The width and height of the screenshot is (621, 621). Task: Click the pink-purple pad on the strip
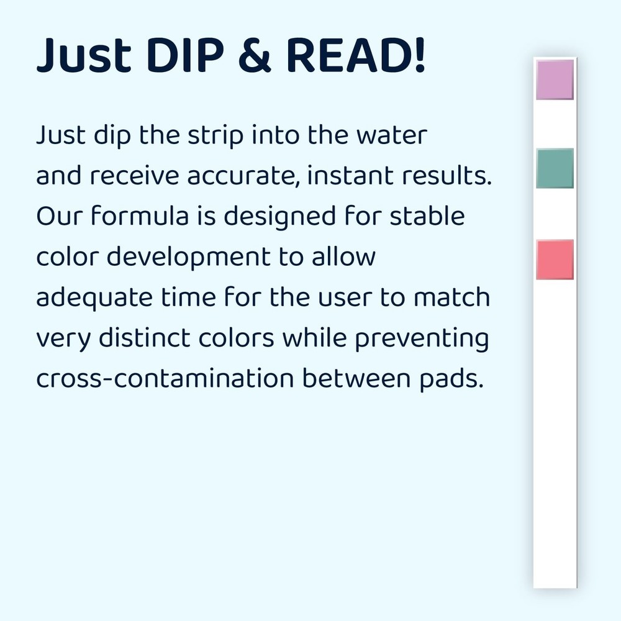tap(555, 79)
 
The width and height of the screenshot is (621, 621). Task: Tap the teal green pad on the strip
tap(555, 168)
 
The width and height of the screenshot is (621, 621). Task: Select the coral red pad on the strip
tap(555, 260)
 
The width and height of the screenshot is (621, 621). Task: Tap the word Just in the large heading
tap(84, 57)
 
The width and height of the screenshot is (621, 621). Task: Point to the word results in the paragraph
tap(450, 177)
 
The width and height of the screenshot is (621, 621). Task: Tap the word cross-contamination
tap(165, 379)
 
